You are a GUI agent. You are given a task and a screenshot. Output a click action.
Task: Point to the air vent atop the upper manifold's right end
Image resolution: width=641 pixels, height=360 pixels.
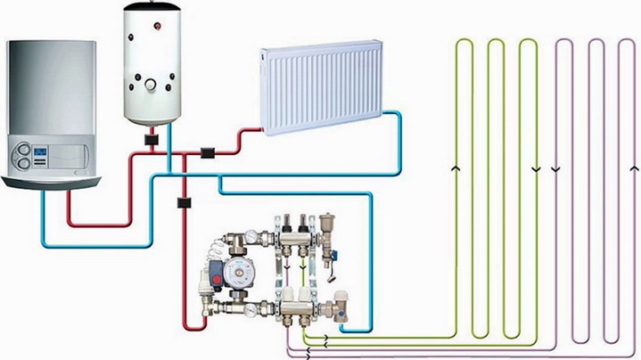(x=334, y=223)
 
